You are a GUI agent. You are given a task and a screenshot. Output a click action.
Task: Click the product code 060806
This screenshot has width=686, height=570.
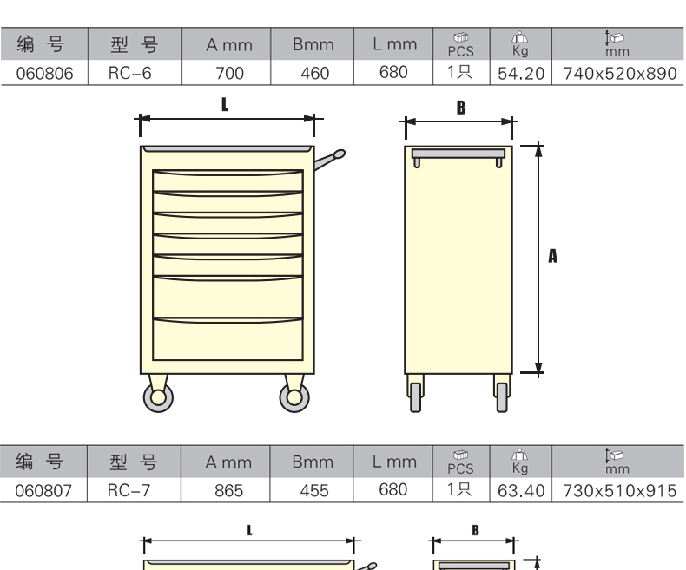44,74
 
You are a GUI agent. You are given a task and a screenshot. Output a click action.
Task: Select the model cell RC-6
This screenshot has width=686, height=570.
130,74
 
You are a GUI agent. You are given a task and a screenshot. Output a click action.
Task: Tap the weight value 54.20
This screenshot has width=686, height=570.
521,74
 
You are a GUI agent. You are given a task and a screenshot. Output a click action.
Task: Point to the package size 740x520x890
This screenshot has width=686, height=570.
620,74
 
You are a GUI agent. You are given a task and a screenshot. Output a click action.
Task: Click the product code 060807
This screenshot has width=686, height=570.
43,491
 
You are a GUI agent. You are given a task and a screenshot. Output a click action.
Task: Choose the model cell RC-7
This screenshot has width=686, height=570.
129,491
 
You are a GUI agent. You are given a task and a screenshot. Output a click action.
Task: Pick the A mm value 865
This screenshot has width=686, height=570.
229,491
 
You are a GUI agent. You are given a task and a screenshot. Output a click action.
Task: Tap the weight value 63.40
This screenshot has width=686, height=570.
521,491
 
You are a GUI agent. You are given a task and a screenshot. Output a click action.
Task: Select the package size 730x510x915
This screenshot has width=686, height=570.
619,491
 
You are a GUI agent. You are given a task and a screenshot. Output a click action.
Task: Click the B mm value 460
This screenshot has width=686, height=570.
315,74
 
